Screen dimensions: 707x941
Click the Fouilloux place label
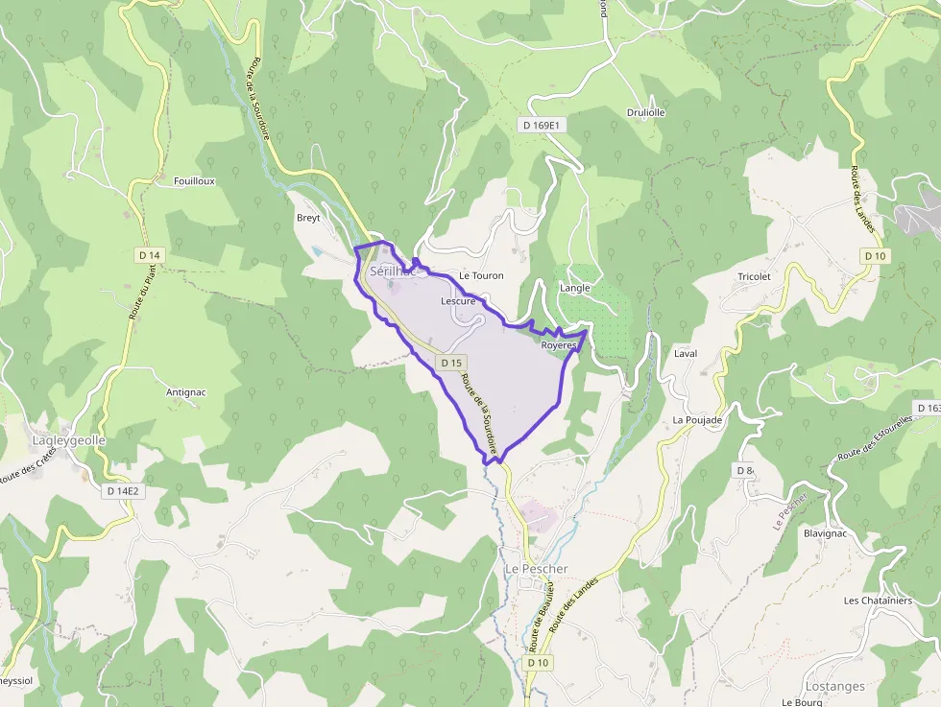point(194,180)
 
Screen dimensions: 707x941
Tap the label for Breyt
point(308,218)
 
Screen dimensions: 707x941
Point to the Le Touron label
point(481,275)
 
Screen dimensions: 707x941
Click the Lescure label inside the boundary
point(458,301)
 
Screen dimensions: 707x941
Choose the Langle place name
point(574,287)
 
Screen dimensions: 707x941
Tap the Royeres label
point(558,343)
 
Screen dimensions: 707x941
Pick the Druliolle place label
point(645,112)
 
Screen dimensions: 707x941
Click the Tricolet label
point(754,276)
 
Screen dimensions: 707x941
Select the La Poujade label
point(697,420)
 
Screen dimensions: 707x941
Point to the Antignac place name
point(186,392)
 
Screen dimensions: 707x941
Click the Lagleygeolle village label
point(69,440)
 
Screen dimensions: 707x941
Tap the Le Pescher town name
point(537,569)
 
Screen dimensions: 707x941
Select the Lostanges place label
point(834,687)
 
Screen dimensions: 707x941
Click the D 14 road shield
point(150,255)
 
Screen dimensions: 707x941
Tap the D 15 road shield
point(451,363)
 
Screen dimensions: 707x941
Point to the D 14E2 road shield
point(123,491)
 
